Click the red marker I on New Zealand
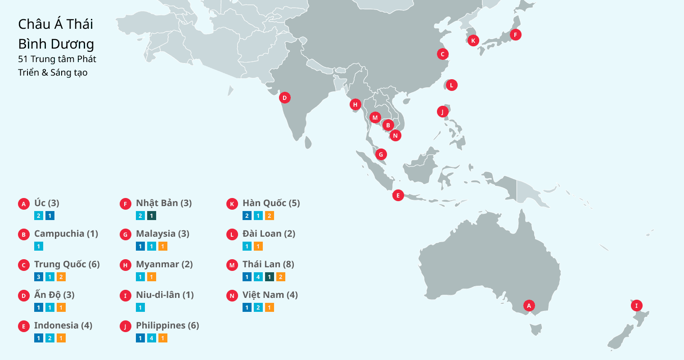(x=636, y=306)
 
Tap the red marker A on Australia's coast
(x=529, y=306)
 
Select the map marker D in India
(x=284, y=97)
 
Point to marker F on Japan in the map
(x=515, y=34)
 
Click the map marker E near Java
(x=397, y=195)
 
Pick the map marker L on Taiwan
(x=451, y=85)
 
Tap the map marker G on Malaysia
(x=381, y=154)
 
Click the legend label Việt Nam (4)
(x=270, y=295)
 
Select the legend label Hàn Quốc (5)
(x=271, y=203)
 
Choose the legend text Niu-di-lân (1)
(x=165, y=295)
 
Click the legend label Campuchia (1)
(x=66, y=234)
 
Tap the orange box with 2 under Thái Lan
(x=280, y=277)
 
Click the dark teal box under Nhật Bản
(x=152, y=216)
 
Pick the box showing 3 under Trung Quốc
(x=39, y=277)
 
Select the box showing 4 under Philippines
(x=152, y=338)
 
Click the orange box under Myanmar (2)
(x=152, y=277)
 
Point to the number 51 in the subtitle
(x=23, y=59)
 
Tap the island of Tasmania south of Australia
(x=536, y=330)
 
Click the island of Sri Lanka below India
(x=308, y=143)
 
